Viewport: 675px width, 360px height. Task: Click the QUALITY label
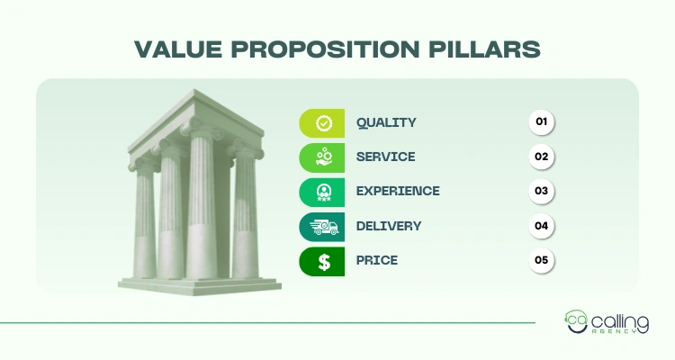[386, 122]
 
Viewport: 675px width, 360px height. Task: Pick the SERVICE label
[385, 157]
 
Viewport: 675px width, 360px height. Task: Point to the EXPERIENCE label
[398, 191]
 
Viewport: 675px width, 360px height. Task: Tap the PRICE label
[376, 260]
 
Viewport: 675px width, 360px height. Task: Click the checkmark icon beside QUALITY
[322, 122]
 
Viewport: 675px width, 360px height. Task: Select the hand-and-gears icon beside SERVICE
[322, 157]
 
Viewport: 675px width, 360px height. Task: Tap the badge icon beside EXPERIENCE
[322, 191]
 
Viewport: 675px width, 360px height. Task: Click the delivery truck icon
[321, 226]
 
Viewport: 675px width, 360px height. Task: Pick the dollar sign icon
[322, 261]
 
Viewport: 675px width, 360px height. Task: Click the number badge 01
[542, 121]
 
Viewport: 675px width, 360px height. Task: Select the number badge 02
[542, 157]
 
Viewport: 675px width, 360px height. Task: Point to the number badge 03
[542, 191]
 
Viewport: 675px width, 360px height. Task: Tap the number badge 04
[542, 226]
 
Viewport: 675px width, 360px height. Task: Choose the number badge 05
[542, 260]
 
